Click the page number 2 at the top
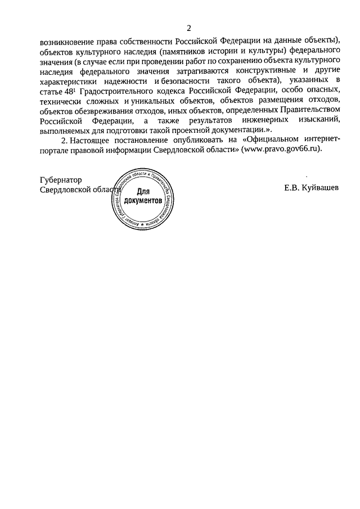tap(189, 28)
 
